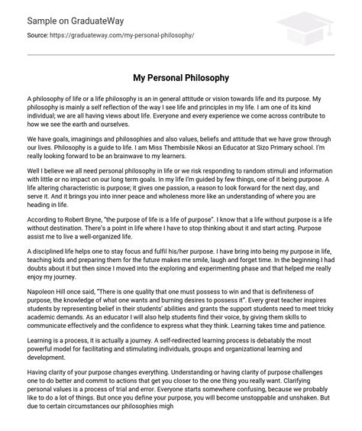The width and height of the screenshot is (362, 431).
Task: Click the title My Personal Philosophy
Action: [180, 79]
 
